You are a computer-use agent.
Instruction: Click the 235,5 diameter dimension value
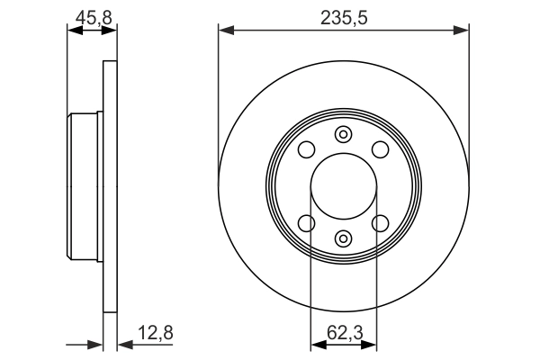[344, 18]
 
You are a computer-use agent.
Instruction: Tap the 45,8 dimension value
[94, 18]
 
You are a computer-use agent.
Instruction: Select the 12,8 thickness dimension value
[156, 333]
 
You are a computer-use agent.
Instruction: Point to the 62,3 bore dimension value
[345, 333]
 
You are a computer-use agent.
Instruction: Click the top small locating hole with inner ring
[344, 134]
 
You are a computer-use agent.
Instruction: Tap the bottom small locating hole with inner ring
[344, 238]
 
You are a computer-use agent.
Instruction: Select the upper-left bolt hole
[306, 149]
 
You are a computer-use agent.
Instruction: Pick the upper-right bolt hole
[381, 149]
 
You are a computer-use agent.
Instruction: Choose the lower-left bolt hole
[306, 223]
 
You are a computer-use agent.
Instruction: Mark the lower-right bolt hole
[381, 223]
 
